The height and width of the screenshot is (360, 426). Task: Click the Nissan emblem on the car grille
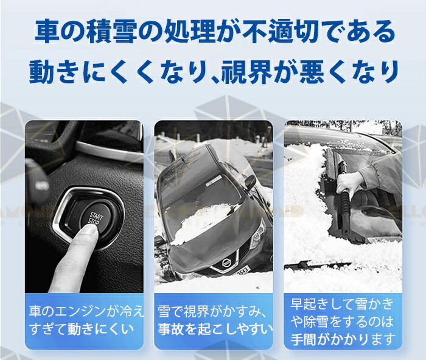coord(226,263)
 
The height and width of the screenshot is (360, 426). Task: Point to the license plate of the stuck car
coord(243,271)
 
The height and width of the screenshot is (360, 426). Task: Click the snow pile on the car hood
coord(203,222)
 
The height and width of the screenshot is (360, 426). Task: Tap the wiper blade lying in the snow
coord(317,264)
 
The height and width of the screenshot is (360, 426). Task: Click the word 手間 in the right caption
coord(304,340)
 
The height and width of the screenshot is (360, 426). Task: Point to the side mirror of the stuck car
coord(250,182)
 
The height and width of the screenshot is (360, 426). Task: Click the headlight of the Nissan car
coord(257,235)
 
